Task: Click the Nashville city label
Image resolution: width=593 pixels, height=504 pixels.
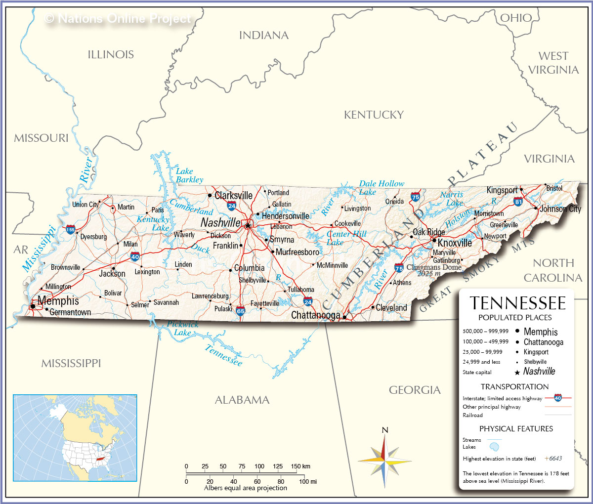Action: pos(220,223)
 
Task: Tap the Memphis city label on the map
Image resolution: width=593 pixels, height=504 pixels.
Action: pos(58,300)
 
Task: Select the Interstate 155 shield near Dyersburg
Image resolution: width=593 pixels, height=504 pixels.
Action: pos(71,229)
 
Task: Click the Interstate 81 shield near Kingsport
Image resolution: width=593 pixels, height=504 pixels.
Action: pos(518,201)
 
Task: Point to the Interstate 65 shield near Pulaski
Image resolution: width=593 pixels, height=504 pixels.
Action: pos(241,311)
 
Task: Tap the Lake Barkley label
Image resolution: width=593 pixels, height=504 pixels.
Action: pos(189,175)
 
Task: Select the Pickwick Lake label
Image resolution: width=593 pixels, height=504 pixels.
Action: pos(182,328)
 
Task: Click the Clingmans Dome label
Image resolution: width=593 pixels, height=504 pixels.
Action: pos(434,267)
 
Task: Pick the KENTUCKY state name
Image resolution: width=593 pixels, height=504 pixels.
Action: pos(374,115)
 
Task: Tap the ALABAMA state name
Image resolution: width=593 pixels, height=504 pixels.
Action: pos(242,400)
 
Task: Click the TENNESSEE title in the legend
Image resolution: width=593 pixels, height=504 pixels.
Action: pos(517,303)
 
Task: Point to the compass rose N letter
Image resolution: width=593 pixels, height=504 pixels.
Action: pos(385,430)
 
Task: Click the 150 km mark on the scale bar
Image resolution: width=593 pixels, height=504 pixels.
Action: pos(300,466)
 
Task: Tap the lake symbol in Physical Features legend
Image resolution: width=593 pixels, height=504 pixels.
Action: pos(494,447)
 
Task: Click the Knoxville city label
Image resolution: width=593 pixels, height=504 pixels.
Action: pos(455,243)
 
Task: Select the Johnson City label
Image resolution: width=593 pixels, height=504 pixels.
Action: pos(560,209)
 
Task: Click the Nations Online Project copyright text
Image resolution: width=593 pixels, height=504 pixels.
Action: pos(118,19)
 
